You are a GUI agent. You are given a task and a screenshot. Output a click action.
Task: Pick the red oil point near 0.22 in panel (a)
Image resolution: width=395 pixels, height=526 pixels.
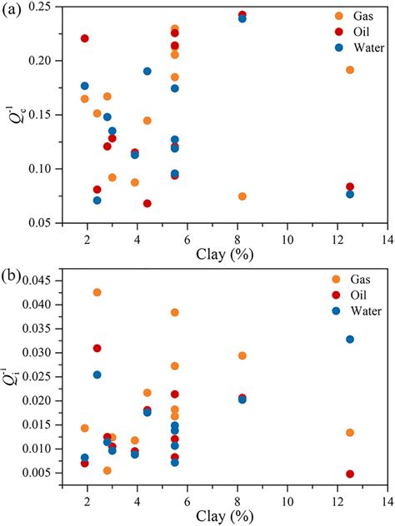point(85,38)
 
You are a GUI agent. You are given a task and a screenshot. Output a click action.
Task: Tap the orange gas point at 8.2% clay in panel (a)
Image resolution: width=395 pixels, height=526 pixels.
point(242,196)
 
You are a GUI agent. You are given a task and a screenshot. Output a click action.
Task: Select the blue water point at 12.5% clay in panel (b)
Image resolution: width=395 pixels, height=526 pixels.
point(350,339)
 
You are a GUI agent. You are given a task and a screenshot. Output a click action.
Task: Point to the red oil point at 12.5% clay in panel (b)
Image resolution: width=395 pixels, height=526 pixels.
point(350,474)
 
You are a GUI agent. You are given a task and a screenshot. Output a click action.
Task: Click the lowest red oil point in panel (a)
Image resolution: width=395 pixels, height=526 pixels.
point(147,203)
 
